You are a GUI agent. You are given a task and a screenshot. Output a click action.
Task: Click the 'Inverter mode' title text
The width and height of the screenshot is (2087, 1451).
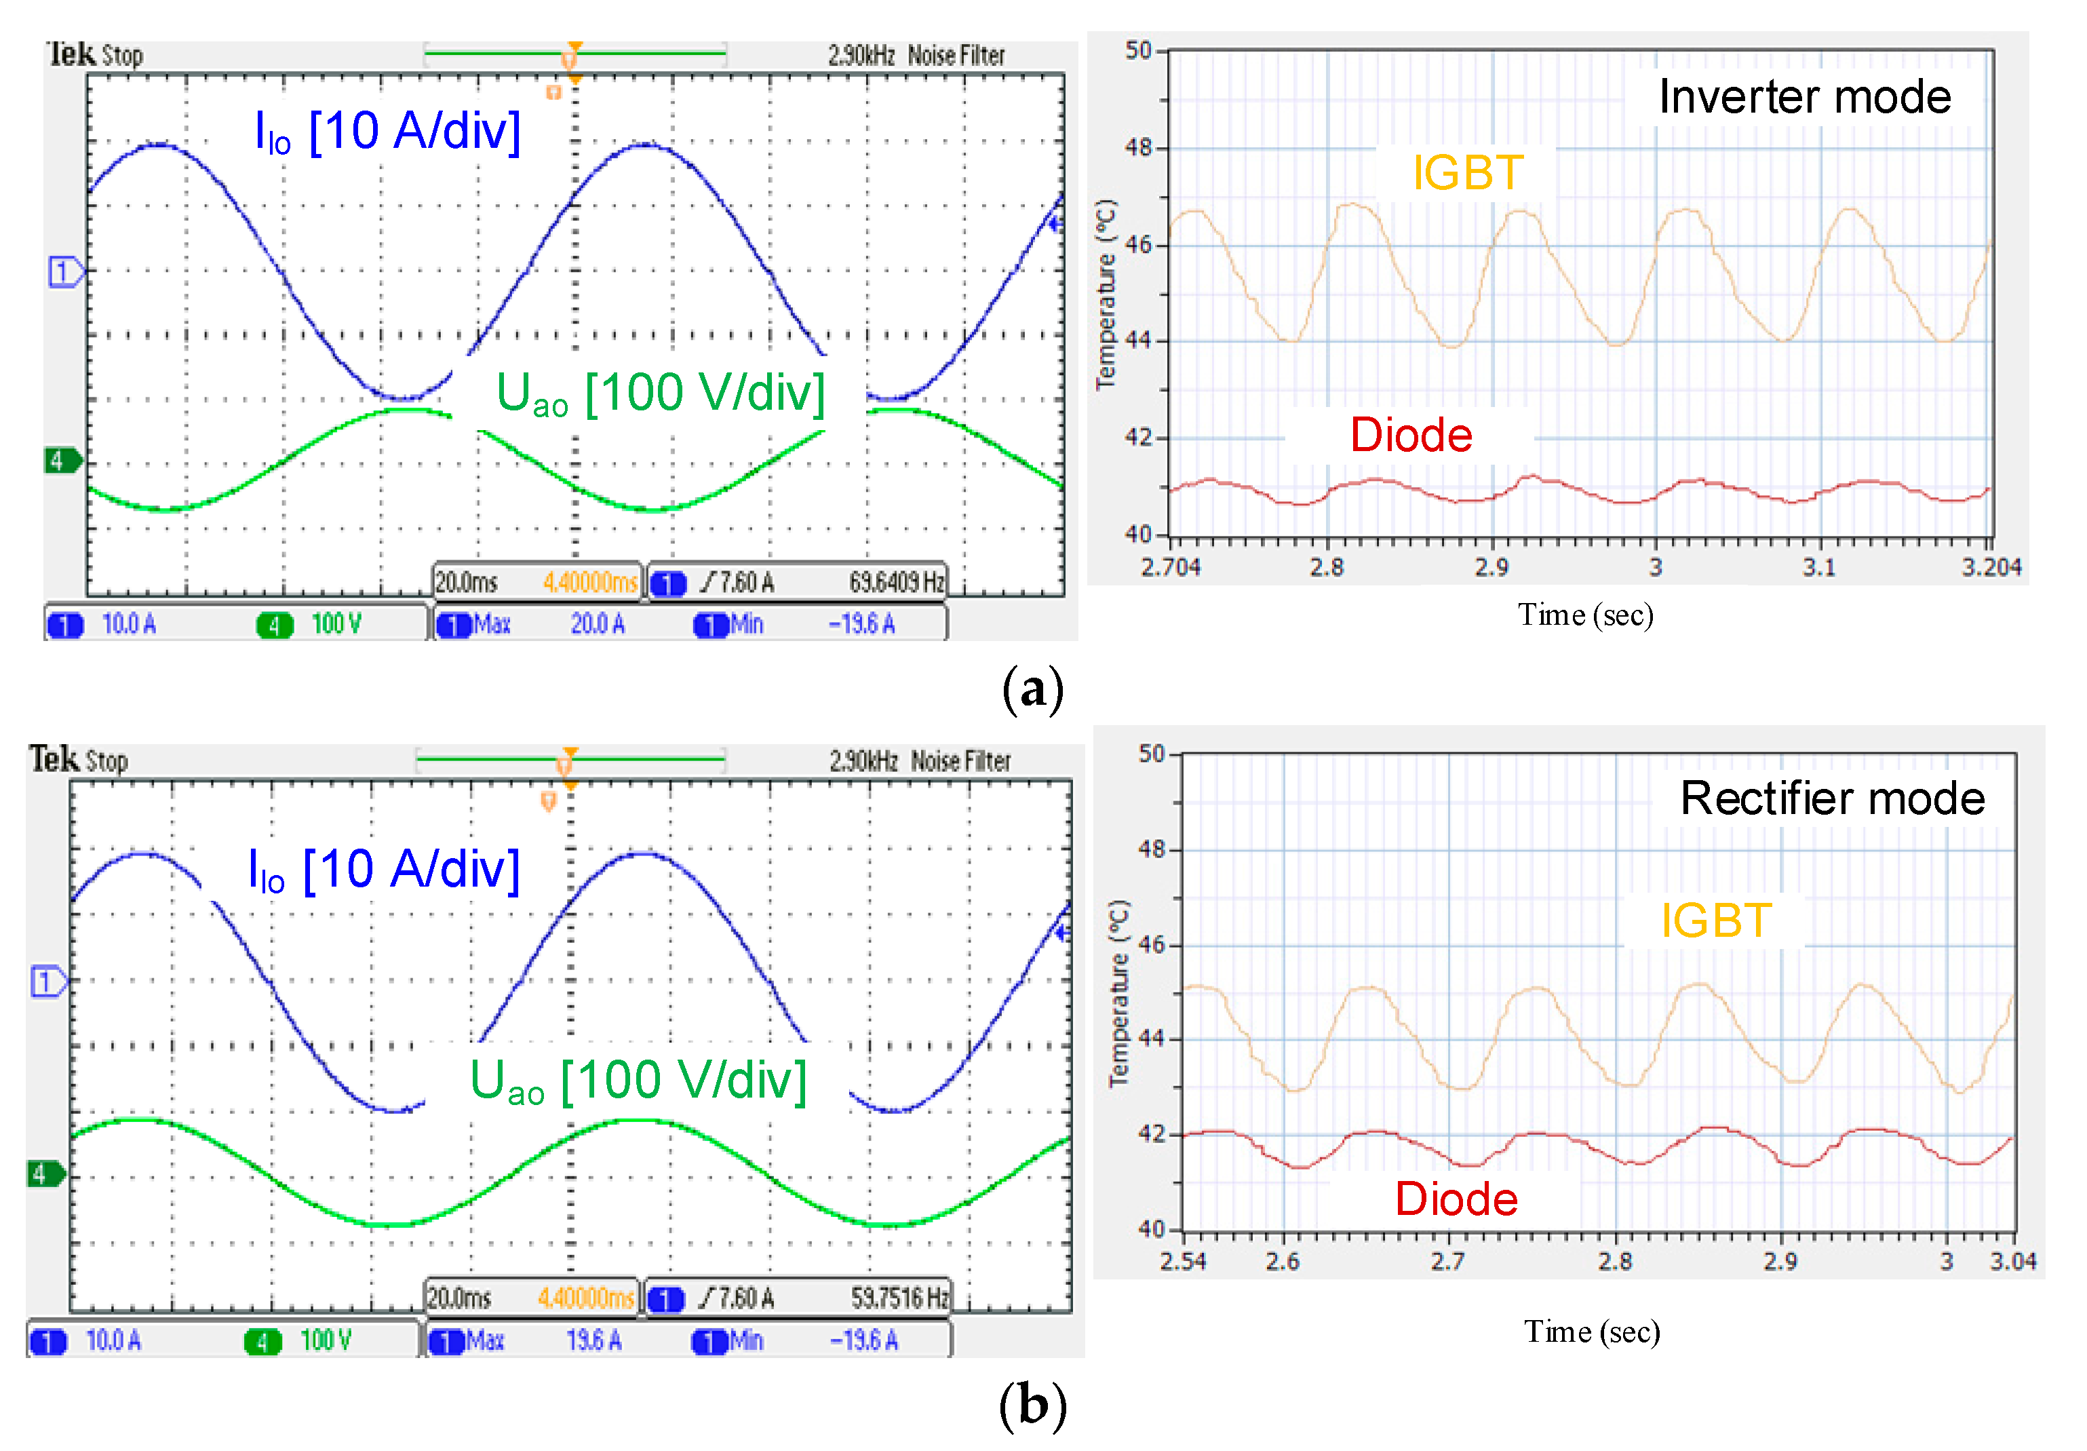click(1803, 96)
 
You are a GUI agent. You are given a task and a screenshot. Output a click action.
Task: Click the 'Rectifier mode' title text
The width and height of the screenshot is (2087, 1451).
click(1831, 798)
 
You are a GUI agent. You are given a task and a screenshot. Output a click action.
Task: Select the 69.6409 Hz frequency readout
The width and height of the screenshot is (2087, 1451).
click(895, 582)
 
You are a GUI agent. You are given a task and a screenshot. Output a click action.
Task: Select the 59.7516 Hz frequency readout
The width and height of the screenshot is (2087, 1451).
click(899, 1298)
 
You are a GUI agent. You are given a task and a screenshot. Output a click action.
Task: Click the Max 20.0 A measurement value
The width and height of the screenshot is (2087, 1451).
click(597, 625)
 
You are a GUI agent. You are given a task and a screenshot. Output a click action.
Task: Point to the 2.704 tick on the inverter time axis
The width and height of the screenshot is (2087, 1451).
click(1171, 567)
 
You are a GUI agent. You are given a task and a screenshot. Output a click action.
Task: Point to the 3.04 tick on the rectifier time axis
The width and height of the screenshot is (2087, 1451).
click(2012, 1261)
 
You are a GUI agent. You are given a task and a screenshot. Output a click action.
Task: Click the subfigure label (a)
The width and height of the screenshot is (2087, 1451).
click(1032, 689)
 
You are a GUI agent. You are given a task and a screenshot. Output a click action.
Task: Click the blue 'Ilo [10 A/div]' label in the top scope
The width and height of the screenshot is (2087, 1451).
click(387, 132)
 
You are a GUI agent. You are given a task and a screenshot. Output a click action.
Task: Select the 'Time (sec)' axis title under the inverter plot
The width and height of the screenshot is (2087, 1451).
click(1584, 615)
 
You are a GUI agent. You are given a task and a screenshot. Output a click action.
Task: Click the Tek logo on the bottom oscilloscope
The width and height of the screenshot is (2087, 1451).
click(54, 758)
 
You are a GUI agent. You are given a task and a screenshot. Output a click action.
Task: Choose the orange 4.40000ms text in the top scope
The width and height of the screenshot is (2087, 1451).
click(590, 582)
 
